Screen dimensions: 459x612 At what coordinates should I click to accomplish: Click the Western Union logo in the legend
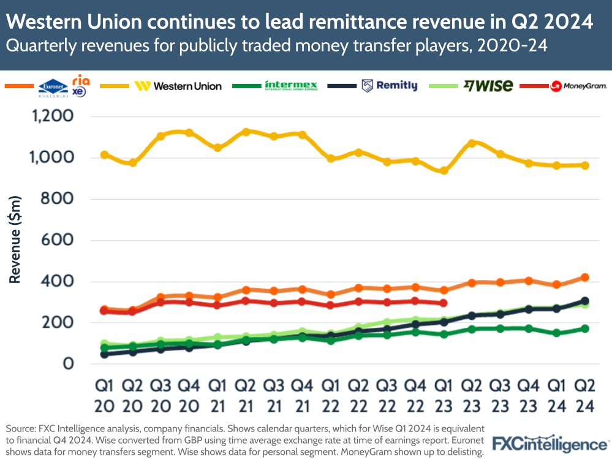(178, 86)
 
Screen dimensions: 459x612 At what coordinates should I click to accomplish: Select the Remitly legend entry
(390, 86)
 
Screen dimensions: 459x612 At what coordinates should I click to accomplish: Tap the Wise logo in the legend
(488, 86)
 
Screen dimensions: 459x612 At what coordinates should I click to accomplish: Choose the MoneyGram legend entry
(578, 86)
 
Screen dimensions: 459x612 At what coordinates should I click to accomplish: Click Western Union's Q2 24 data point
(584, 165)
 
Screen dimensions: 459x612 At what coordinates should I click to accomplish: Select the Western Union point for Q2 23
(472, 143)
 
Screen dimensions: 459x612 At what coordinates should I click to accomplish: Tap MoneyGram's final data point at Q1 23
(444, 303)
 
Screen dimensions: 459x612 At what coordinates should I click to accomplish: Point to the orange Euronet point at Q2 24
(584, 278)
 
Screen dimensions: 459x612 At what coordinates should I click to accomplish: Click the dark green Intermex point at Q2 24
(584, 328)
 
